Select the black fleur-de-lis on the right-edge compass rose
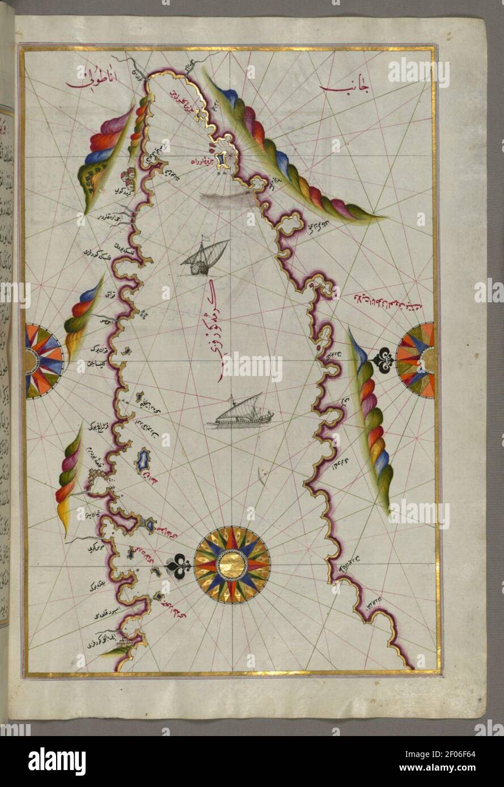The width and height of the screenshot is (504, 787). (384, 358)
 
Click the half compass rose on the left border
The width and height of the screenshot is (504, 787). (41, 358)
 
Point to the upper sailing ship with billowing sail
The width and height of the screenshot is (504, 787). (205, 256)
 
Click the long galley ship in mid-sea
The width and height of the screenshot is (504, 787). (242, 412)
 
